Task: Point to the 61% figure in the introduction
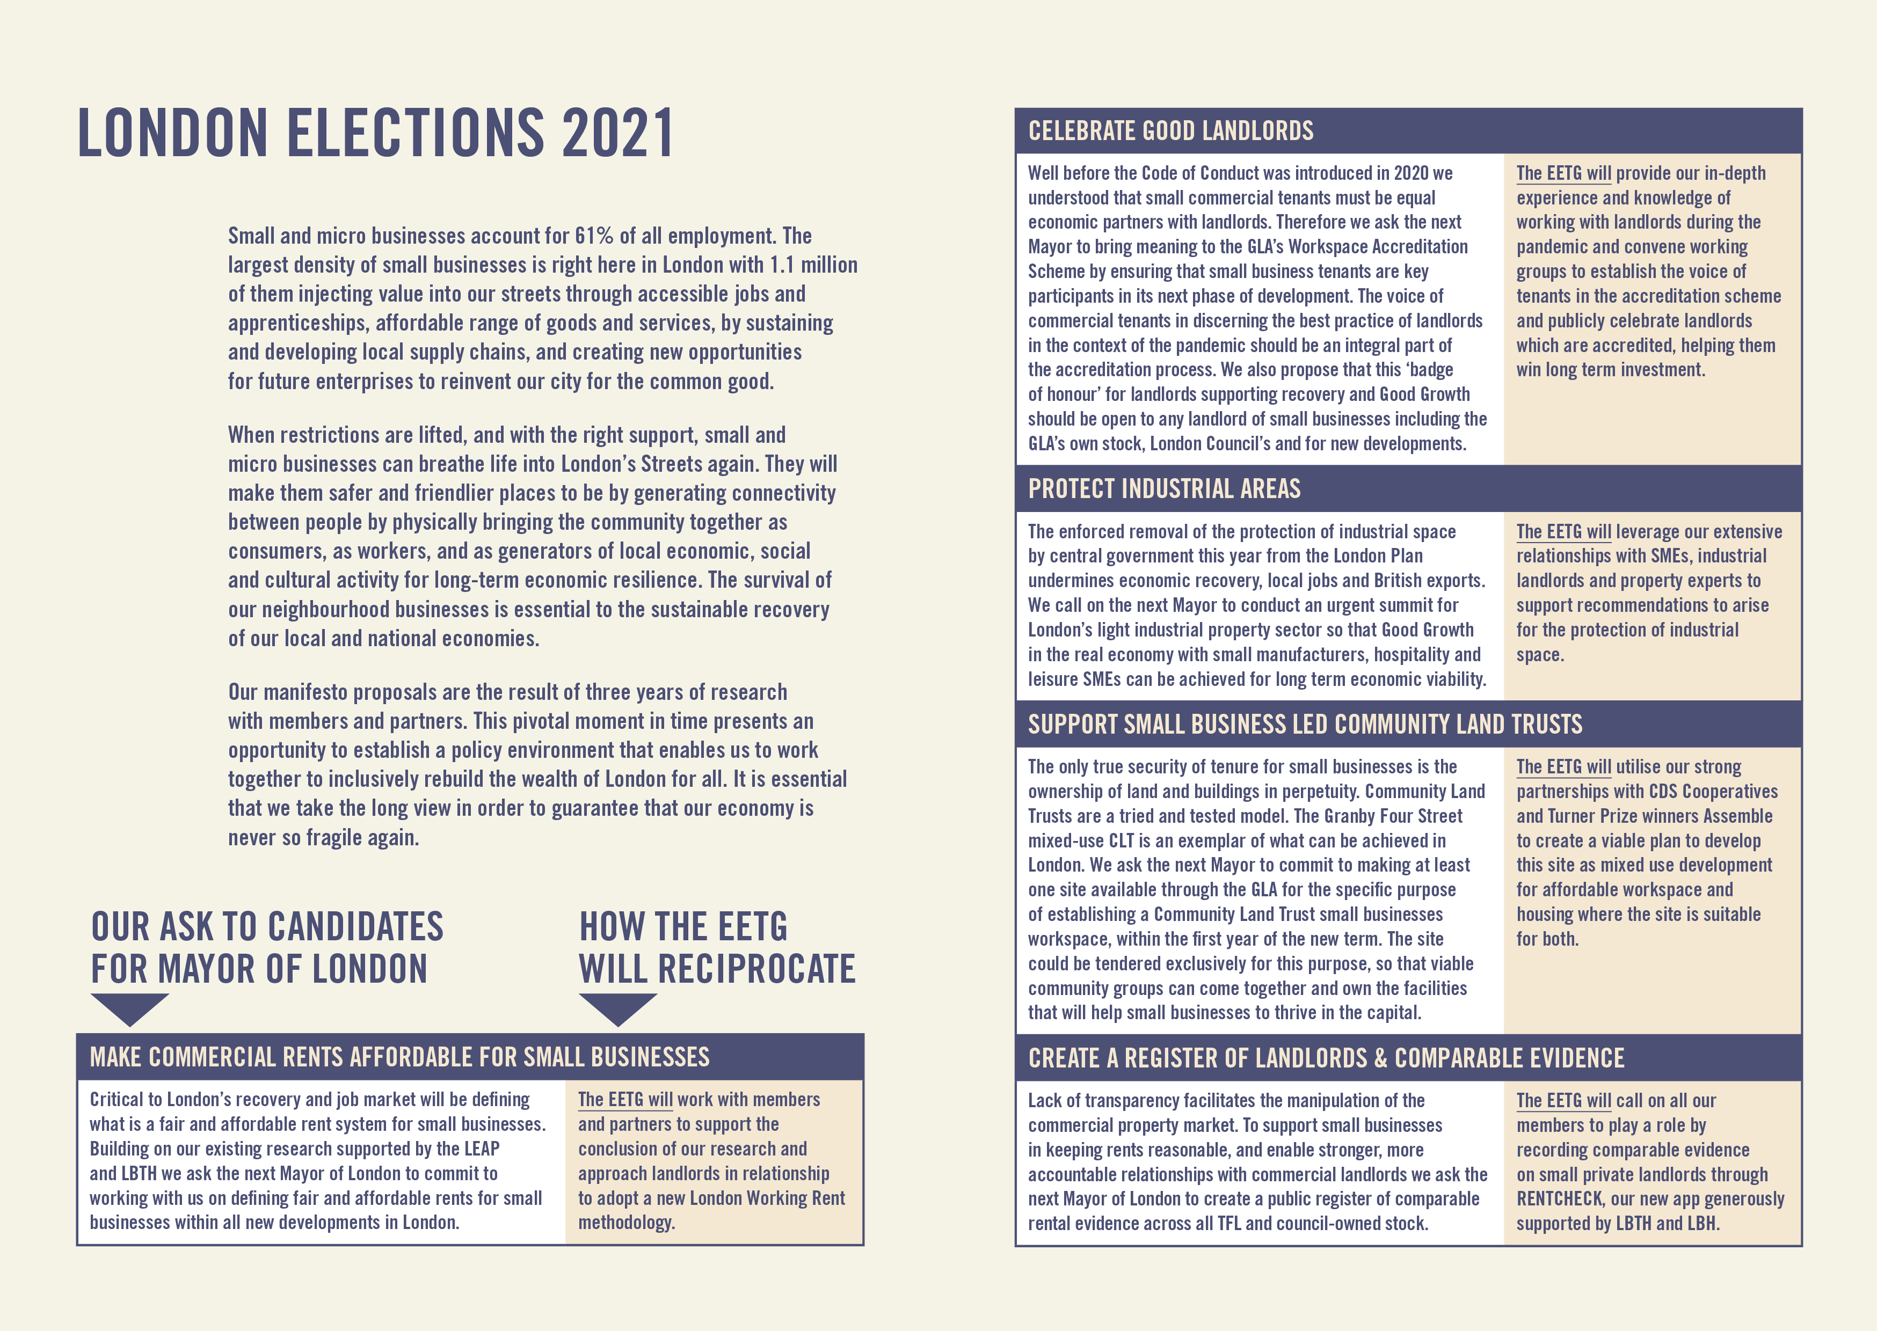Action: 593,236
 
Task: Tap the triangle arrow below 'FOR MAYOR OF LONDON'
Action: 129,1008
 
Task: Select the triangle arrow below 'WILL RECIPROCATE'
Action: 617,1008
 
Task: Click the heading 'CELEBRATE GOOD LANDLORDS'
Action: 1170,131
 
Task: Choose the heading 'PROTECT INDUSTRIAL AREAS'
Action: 1164,489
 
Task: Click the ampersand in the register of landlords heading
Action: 1380,1058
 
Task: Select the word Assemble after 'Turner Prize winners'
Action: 1736,816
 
